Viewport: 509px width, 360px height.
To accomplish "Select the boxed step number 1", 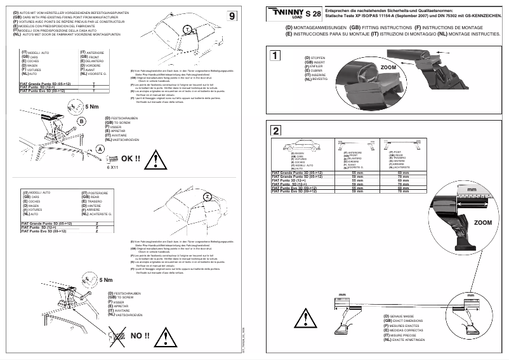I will tap(275, 55).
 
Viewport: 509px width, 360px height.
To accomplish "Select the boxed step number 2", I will tap(275, 131).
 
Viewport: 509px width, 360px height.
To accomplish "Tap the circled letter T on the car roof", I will tap(188, 30).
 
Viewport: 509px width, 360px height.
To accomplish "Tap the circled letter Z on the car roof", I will tap(206, 197).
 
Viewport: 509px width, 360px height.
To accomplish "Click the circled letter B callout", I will tap(81, 121).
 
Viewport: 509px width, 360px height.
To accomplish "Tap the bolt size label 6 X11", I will tap(112, 168).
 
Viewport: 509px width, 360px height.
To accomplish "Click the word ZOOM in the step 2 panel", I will tap(482, 223).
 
